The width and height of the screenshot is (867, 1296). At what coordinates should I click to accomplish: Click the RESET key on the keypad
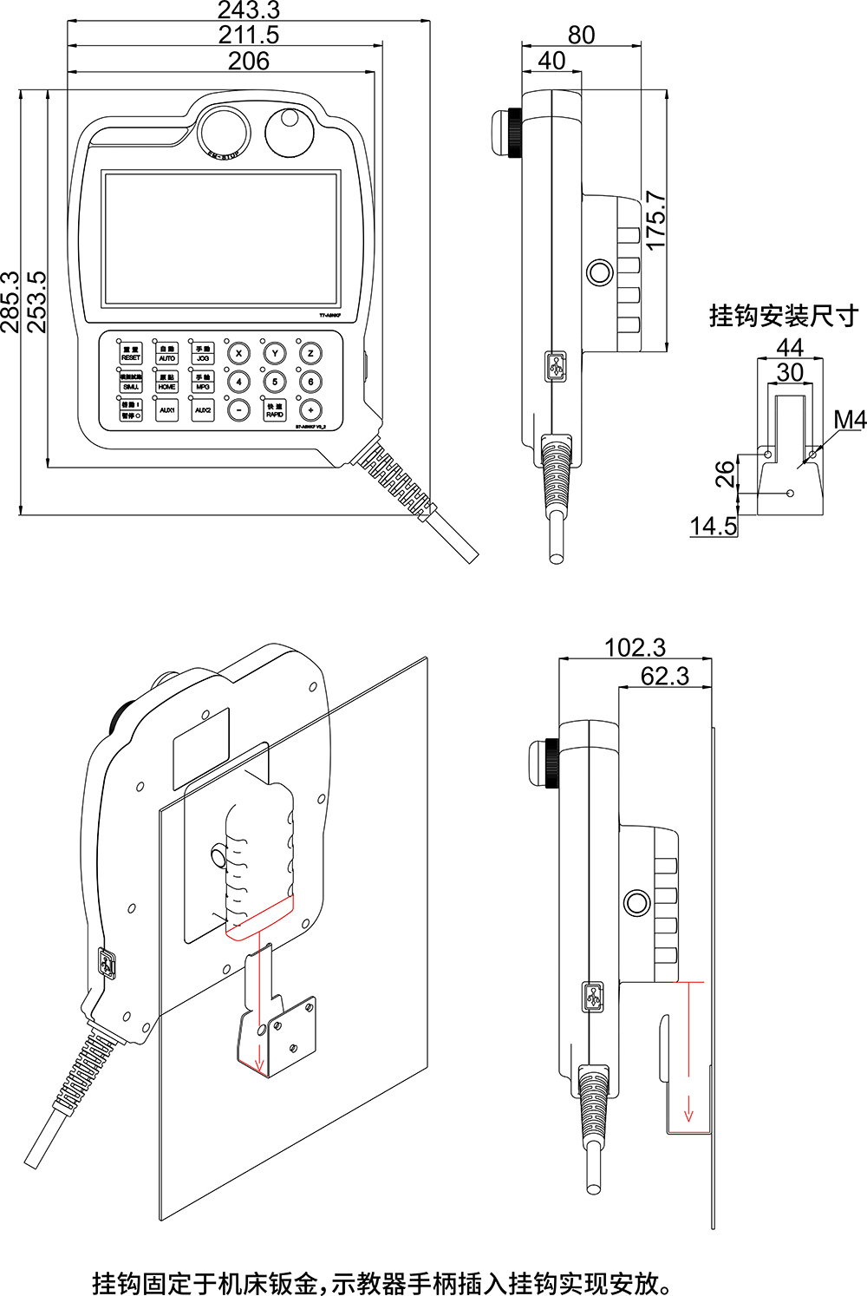[131, 353]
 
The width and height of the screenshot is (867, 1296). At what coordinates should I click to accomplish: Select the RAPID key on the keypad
[275, 410]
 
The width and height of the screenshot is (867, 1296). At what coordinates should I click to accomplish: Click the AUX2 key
[203, 410]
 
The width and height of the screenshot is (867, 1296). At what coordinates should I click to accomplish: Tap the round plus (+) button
[310, 410]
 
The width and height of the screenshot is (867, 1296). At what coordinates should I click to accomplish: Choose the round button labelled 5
[275, 382]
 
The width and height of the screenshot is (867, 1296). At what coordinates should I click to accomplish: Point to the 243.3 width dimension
[248, 10]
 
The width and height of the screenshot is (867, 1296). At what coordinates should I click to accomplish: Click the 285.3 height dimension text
[10, 301]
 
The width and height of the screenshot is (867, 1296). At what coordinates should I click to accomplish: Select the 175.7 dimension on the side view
[656, 220]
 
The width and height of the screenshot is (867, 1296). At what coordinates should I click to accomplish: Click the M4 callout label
[849, 420]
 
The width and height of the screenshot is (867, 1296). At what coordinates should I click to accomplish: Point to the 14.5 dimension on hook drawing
[713, 526]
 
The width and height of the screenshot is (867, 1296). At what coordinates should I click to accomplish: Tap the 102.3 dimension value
[635, 648]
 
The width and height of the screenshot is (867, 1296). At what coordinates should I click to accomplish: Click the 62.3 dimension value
[664, 677]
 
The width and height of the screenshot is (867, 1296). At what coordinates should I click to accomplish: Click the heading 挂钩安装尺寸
[784, 316]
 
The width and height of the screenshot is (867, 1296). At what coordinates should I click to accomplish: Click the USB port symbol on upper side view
[557, 366]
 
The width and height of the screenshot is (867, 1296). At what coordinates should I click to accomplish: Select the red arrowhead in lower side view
[689, 1113]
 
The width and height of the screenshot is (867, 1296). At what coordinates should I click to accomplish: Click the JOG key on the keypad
[203, 353]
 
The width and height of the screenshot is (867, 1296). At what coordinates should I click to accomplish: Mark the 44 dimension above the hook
[789, 347]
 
